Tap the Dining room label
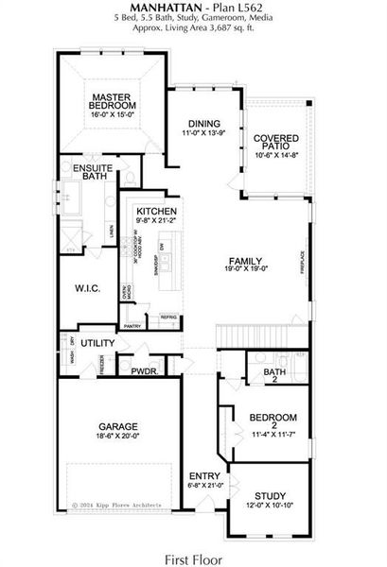pyautogui.click(x=203, y=123)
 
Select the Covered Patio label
pyautogui.click(x=276, y=144)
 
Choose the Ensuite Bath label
pyautogui.click(x=79, y=171)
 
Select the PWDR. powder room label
pyautogui.click(x=144, y=371)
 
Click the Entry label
pyautogui.click(x=202, y=475)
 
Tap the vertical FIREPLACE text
pyautogui.click(x=303, y=262)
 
